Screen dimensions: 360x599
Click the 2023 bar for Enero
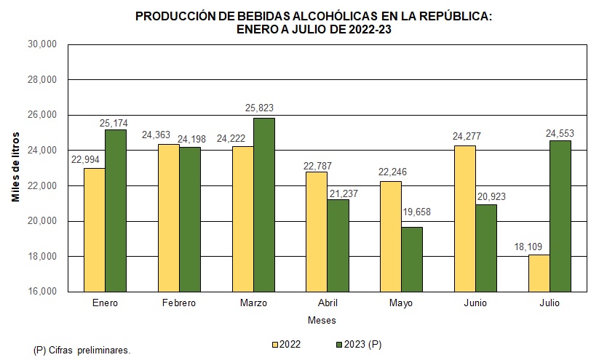tap(116, 211)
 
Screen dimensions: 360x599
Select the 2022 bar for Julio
tap(539, 273)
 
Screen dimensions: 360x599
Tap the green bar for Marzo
tap(264, 205)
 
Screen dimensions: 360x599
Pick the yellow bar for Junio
tap(464, 219)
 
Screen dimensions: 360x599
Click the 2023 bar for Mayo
tap(412, 260)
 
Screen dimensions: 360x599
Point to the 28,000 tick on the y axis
tap(43, 79)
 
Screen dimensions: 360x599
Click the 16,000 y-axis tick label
tap(43, 292)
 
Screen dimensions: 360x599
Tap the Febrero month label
tap(178, 303)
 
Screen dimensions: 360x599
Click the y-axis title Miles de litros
tap(16, 167)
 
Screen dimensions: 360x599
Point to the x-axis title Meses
tap(322, 320)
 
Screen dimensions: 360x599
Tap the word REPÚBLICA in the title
tap(451, 15)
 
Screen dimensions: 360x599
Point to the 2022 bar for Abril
tap(316, 232)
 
